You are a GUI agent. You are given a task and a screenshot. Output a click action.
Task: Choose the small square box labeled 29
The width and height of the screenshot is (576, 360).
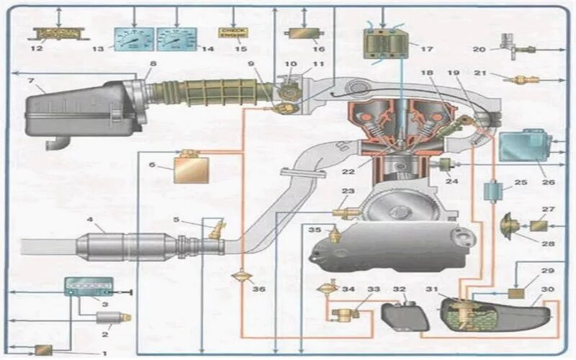click(516, 293)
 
